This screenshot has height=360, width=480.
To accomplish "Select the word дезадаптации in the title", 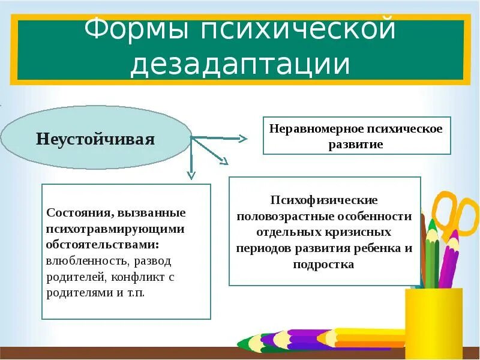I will [x=240, y=64].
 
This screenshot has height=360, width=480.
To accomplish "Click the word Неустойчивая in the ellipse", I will [x=95, y=140].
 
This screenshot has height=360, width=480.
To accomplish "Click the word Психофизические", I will [x=324, y=200].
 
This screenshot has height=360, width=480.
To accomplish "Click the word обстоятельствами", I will [x=103, y=245].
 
